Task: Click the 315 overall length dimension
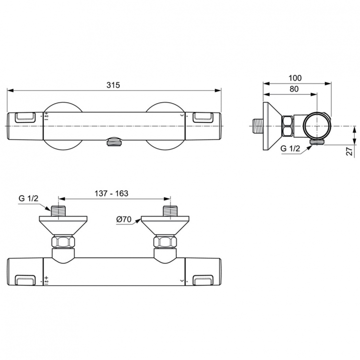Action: pyautogui.click(x=113, y=84)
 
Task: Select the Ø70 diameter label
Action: pyautogui.click(x=124, y=219)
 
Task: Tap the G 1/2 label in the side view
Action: pyautogui.click(x=290, y=149)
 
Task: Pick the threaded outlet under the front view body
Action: pyautogui.click(x=114, y=142)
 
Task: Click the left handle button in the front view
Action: pyautogui.click(x=25, y=117)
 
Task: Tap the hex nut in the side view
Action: pyautogui.click(x=288, y=126)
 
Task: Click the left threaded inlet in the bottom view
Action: pyautogui.click(x=58, y=212)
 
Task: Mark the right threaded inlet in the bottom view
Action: pyautogui.click(x=170, y=212)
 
